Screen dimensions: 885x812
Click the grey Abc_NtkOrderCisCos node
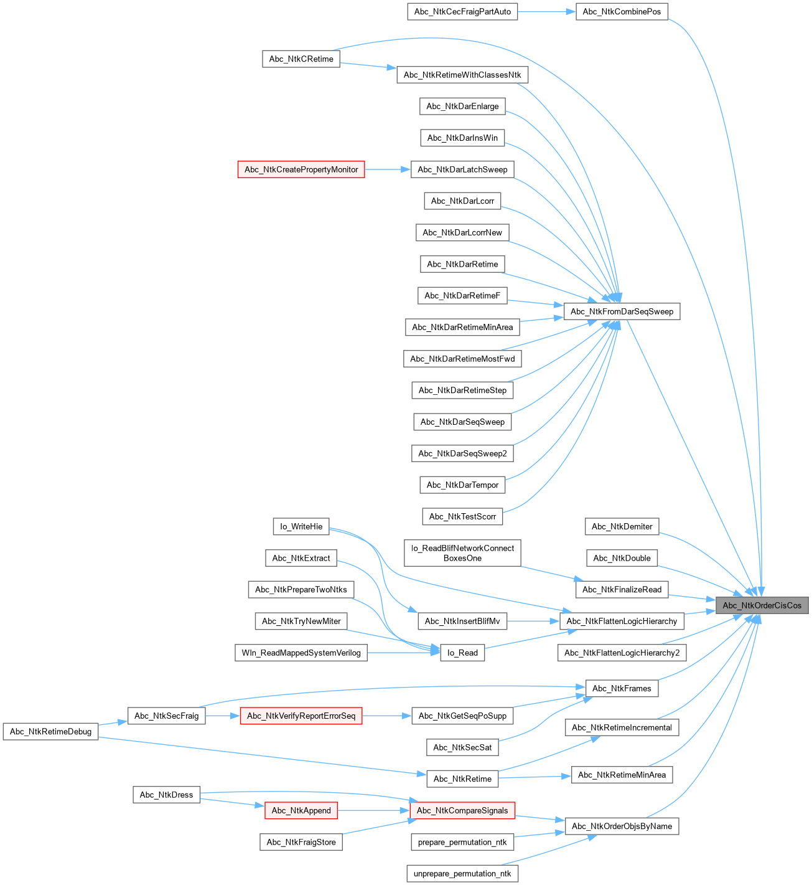pyautogui.click(x=762, y=605)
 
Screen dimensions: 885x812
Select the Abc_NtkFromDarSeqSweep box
pyautogui.click(x=622, y=311)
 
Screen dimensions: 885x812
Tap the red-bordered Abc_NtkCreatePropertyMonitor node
pyautogui.click(x=301, y=169)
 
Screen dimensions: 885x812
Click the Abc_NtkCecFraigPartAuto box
pyautogui.click(x=462, y=12)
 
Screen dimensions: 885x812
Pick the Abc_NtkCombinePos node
pyautogui.click(x=622, y=12)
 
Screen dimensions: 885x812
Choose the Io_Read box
pyautogui.click(x=462, y=653)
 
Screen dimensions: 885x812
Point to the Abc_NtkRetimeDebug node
pyautogui.click(x=50, y=732)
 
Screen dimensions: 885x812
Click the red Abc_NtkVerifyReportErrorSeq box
pyautogui.click(x=301, y=716)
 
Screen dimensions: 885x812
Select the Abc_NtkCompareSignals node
pyautogui.click(x=462, y=810)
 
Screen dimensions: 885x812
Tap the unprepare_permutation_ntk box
pyautogui.click(x=462, y=874)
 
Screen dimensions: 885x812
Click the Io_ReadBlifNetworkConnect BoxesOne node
pyautogui.click(x=462, y=553)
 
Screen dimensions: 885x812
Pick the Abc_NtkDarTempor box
pyautogui.click(x=462, y=485)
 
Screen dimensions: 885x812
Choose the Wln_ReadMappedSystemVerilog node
pyautogui.click(x=301, y=653)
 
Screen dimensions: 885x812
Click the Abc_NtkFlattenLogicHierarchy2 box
pyautogui.click(x=622, y=653)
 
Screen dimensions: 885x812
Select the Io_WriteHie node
pyautogui.click(x=301, y=527)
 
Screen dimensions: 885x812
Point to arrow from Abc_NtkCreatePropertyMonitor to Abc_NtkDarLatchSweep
pyautogui.click(x=388, y=169)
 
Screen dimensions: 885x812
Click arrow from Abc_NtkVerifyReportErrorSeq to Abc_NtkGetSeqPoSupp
pyautogui.click(x=386, y=716)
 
